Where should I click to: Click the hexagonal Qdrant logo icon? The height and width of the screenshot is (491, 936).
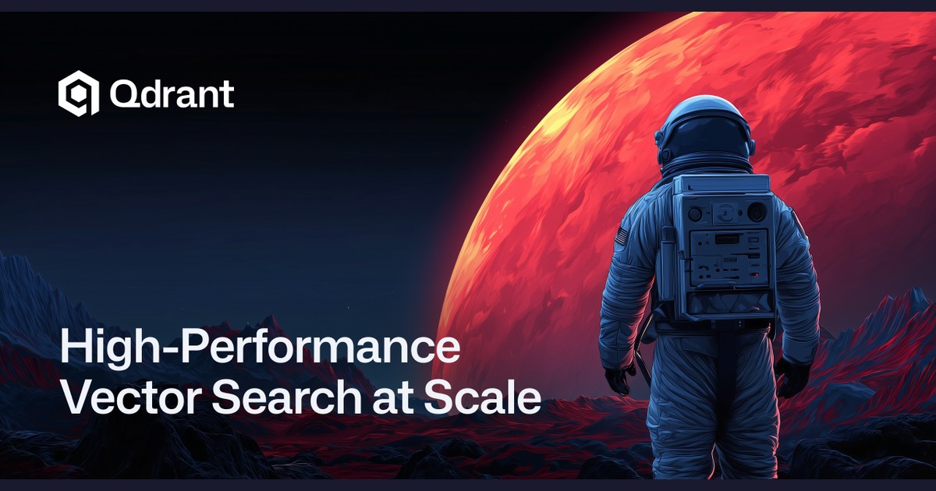(x=79, y=93)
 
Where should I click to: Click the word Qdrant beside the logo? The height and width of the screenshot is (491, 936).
(x=172, y=94)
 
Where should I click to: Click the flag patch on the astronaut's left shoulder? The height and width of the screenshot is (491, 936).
(x=622, y=236)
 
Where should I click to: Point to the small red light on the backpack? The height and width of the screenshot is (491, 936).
(x=755, y=275)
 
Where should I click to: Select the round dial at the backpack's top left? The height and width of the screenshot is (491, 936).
(x=694, y=214)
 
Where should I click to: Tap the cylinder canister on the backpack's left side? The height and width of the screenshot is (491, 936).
(x=667, y=264)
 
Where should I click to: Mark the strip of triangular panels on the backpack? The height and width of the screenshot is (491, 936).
(x=729, y=302)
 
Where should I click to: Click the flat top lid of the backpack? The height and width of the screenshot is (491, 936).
(x=721, y=183)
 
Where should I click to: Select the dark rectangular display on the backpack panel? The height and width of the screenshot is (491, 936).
(x=728, y=239)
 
